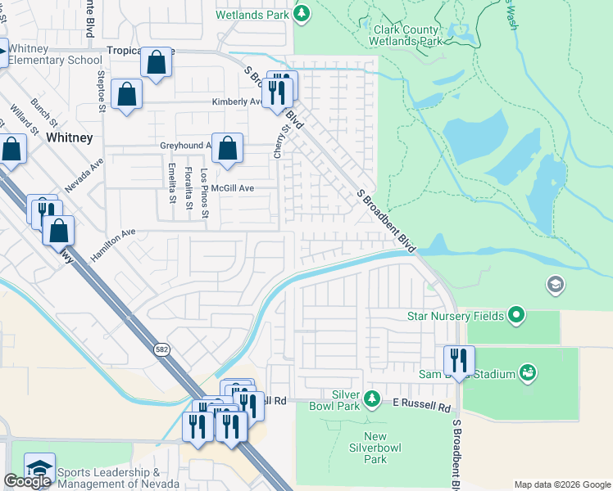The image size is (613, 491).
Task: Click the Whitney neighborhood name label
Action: tap(70, 137)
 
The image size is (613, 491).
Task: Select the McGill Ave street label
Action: tap(233, 188)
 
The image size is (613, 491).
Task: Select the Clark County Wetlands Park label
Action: tap(407, 34)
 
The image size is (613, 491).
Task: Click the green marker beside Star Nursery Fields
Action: tap(516, 314)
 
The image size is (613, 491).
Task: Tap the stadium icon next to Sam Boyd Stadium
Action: tap(529, 373)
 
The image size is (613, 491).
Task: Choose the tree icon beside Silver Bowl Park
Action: tap(372, 399)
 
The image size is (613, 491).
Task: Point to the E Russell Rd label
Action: tap(421, 407)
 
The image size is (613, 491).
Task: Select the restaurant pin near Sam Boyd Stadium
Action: tap(459, 360)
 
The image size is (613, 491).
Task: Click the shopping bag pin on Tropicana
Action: tap(156, 62)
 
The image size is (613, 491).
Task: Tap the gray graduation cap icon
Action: tap(555, 284)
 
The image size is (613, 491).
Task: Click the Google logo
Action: tap(27, 482)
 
